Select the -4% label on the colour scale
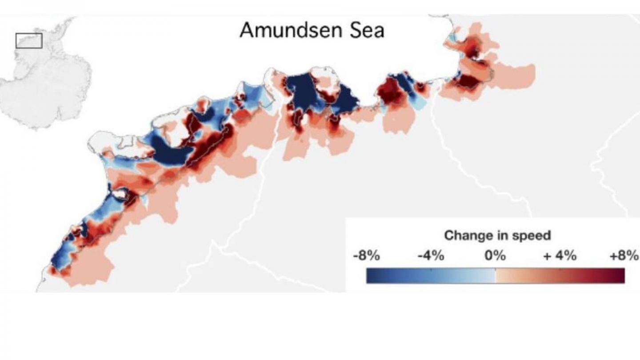pos(431,256)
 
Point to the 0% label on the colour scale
pos(495,256)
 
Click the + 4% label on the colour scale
pos(560,256)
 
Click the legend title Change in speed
pos(497,235)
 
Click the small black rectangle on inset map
pos(29,40)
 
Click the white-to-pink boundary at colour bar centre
pos(495,276)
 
